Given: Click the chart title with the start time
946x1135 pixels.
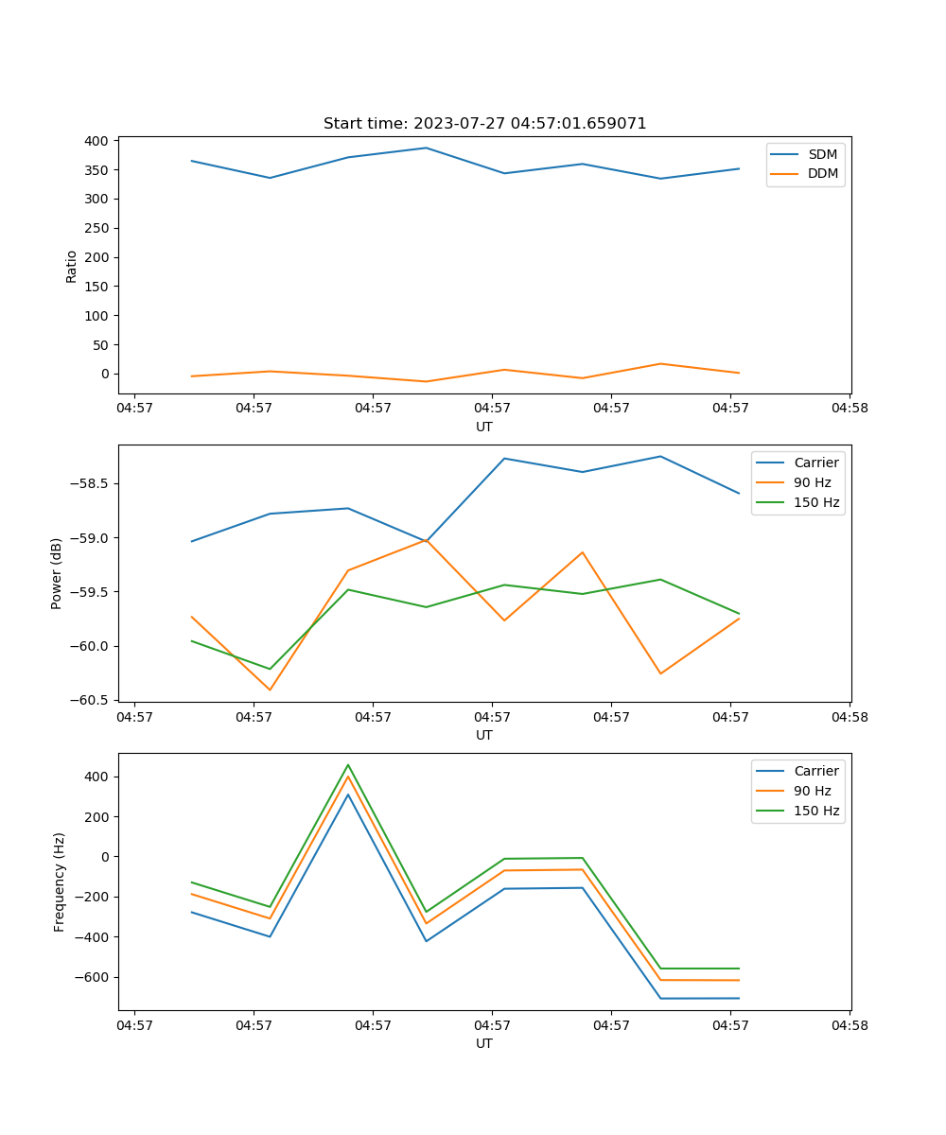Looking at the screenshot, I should [484, 124].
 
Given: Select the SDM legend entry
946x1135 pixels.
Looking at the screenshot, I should [822, 154].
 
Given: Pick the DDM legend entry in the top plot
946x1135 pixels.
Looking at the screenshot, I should [822, 173].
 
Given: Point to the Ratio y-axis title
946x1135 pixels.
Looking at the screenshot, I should [72, 266].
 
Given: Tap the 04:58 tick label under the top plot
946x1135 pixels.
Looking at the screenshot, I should [849, 409].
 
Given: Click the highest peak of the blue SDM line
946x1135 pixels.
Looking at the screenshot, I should [426, 148].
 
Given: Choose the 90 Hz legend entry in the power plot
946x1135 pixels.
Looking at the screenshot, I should [812, 482].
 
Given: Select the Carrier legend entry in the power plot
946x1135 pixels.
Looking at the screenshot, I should [815, 463].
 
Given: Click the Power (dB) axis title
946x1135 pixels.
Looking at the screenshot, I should [57, 573].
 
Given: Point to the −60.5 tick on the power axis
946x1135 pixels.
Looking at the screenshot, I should [91, 700].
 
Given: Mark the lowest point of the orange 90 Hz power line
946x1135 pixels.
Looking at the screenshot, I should [270, 690].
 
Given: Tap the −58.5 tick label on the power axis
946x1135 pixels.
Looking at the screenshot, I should [91, 483].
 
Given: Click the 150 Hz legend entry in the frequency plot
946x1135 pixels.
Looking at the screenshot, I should [816, 811].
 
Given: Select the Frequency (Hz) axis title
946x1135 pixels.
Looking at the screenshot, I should [60, 882].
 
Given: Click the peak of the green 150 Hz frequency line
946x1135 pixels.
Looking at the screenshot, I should [348, 765].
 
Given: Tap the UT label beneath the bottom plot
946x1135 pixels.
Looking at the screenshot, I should [484, 1043].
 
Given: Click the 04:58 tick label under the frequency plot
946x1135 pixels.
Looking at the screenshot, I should [849, 1025].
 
